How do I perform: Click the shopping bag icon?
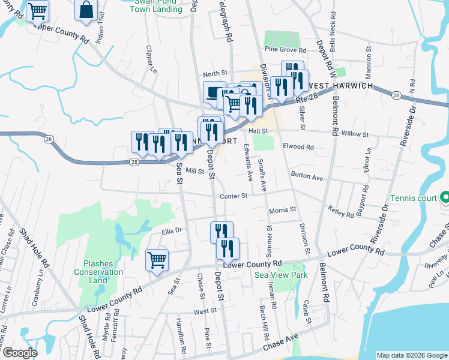[86, 10]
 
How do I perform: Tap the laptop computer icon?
[214, 92]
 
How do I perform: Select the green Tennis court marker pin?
[445, 197]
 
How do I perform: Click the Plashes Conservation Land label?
[103, 272]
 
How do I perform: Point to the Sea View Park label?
[273, 275]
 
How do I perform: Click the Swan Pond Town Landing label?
[156, 6]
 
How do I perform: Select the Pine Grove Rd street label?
[286, 50]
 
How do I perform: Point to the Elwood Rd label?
[301, 147]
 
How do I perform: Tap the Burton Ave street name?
[307, 178]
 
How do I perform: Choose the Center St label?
[234, 196]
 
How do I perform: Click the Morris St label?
[283, 210]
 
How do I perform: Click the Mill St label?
[195, 171]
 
